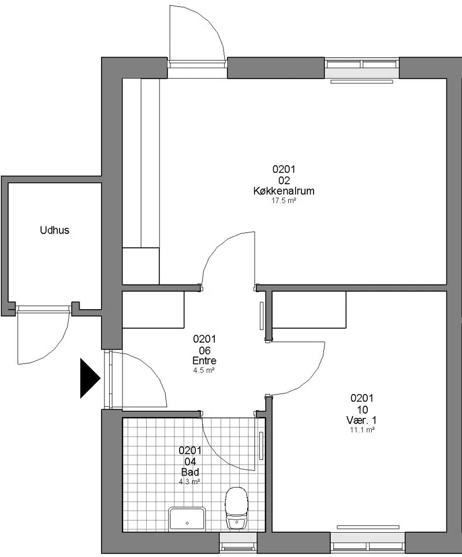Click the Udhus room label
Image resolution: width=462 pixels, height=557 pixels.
pyautogui.click(x=55, y=230)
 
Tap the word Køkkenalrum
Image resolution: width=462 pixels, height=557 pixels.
pyautogui.click(x=284, y=191)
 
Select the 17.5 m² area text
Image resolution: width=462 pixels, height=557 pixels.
pyautogui.click(x=284, y=200)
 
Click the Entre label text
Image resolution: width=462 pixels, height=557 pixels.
pyautogui.click(x=204, y=361)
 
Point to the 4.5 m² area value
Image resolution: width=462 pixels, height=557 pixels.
pyautogui.click(x=204, y=370)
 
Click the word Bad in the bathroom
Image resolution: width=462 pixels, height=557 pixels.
pyautogui.click(x=190, y=472)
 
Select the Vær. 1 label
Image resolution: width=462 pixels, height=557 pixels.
pyautogui.click(x=362, y=420)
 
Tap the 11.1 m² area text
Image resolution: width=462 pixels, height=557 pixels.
pyautogui.click(x=362, y=430)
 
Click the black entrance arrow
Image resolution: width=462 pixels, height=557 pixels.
pyautogui.click(x=90, y=378)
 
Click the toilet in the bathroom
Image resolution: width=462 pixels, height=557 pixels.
pyautogui.click(x=236, y=507)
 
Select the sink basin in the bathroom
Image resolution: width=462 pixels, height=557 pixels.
pyautogui.click(x=187, y=519)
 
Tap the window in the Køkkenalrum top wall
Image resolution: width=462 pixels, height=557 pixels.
pyautogui.click(x=362, y=68)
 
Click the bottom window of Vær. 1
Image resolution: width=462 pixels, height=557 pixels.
pyautogui.click(x=368, y=543)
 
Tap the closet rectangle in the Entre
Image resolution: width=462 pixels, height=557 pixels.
pyautogui.click(x=154, y=309)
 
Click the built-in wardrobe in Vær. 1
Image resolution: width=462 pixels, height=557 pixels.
pyautogui.click(x=309, y=309)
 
